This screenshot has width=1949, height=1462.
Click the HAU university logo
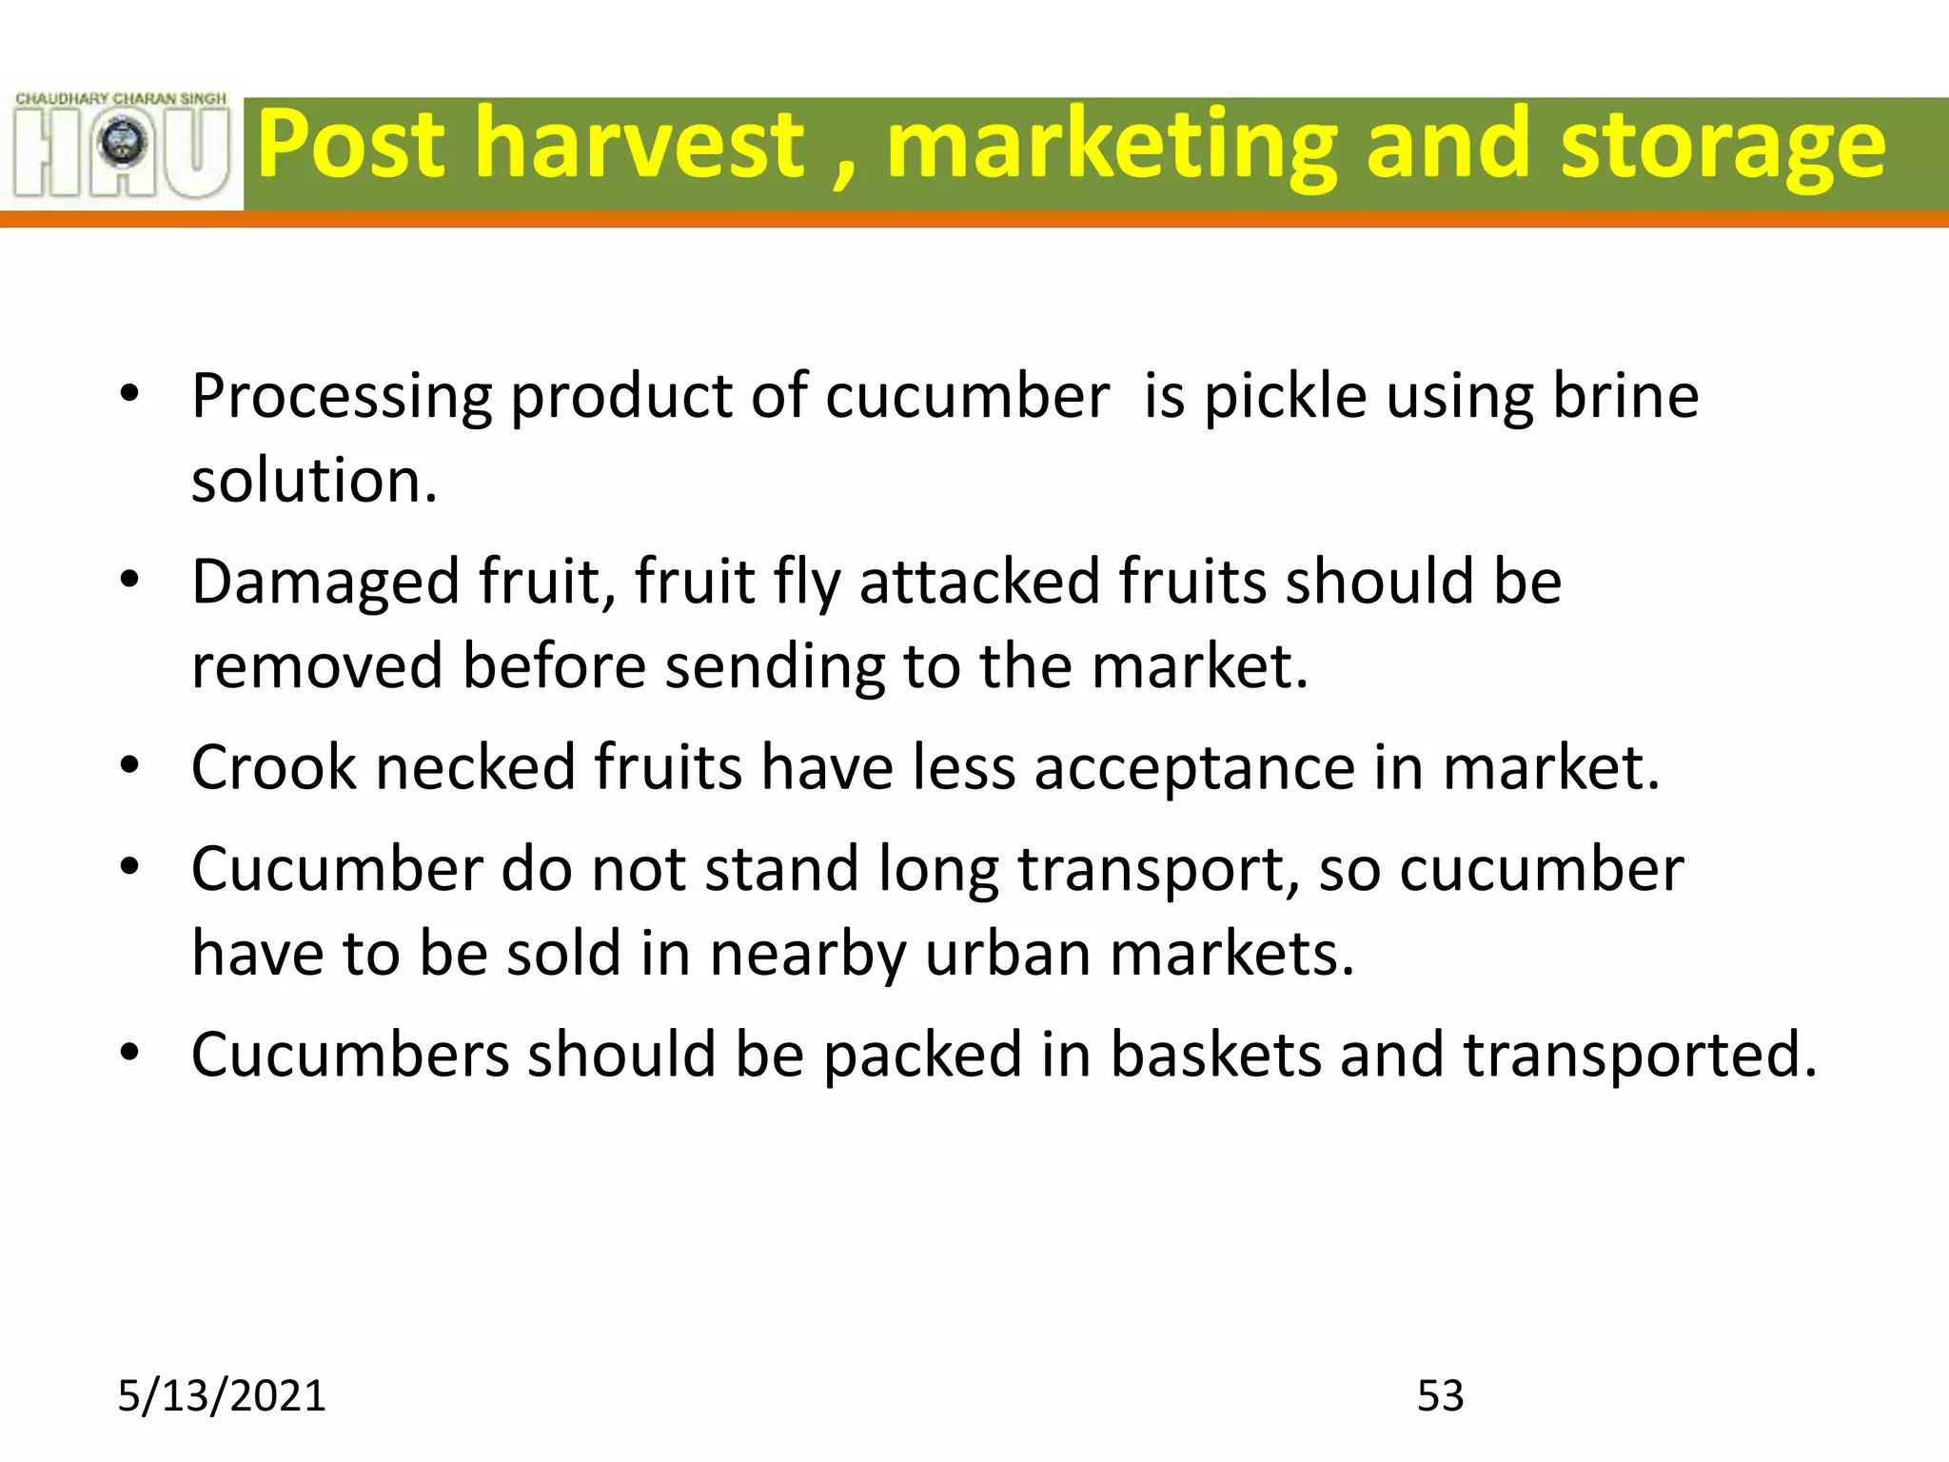click(122, 146)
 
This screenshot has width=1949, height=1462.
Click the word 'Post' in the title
click(350, 145)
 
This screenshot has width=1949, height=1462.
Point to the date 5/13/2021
click(221, 1395)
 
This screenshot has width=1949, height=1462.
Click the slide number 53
click(1440, 1395)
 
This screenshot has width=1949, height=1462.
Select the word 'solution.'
click(314, 480)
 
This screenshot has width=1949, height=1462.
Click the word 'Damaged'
click(325, 583)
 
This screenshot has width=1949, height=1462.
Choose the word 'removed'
click(317, 665)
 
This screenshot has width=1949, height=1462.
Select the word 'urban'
click(1008, 954)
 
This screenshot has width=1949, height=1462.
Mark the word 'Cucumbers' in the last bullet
click(350, 1055)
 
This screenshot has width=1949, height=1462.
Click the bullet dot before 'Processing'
click(130, 393)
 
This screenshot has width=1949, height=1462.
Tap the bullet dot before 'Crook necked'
click(130, 765)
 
